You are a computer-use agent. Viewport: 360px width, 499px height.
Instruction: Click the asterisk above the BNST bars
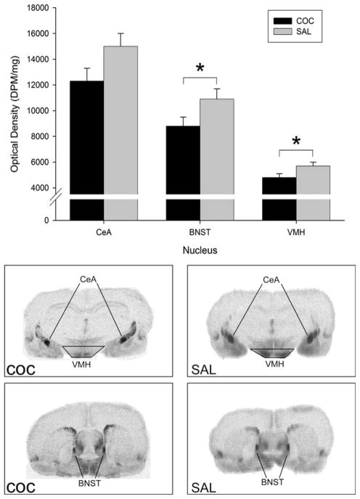pos(200,69)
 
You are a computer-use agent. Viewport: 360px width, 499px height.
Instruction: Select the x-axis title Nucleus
pos(200,246)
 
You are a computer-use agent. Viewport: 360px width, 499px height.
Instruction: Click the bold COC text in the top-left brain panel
pos(23,369)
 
